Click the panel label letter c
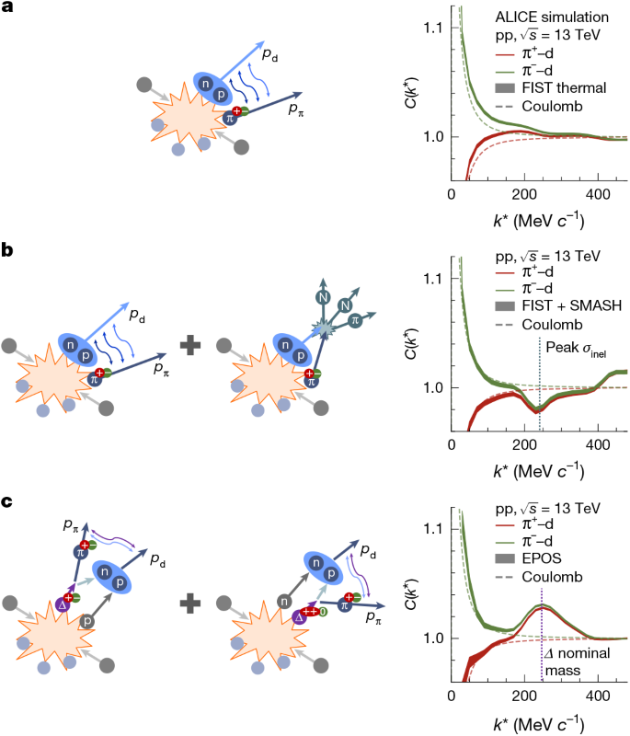click(6, 502)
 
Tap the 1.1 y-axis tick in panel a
click(436, 29)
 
